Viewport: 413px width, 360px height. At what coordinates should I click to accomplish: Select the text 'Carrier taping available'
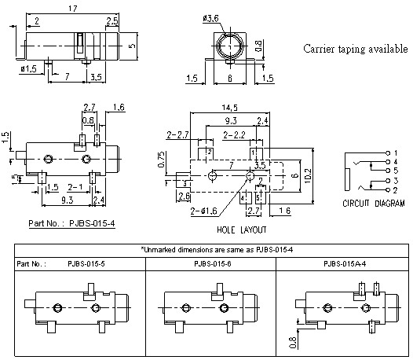350,49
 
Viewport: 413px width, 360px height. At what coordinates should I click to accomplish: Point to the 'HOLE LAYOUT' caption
242,230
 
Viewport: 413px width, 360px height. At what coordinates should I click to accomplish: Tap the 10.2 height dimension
307,174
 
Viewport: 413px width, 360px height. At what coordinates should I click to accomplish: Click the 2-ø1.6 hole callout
202,211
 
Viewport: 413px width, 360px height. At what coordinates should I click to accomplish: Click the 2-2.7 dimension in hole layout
178,136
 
